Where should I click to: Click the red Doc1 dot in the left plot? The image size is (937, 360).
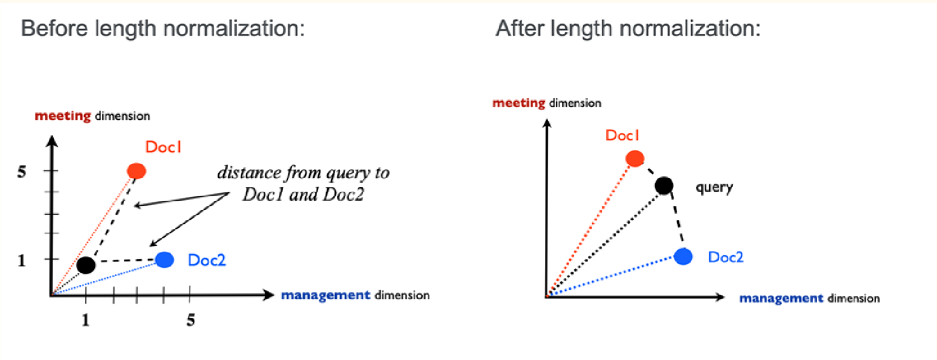137,171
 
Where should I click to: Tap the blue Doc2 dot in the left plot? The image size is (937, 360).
164,259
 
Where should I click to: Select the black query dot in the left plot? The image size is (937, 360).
86,264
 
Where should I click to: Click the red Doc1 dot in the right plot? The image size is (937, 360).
635,158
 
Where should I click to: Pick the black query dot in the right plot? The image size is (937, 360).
664,185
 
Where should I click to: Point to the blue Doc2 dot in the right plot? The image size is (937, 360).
683,257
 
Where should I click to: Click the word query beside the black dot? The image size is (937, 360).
714,187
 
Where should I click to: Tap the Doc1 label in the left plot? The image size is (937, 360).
163,147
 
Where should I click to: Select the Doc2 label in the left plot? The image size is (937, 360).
207,260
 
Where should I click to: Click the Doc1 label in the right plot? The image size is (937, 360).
622,135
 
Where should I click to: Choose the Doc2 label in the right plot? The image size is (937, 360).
726,257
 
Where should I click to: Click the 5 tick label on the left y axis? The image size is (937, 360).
21,172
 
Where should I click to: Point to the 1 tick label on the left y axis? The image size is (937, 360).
21,261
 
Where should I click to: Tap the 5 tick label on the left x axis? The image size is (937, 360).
191,320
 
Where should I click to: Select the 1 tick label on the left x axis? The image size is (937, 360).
85,320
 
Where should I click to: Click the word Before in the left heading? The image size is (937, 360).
55,28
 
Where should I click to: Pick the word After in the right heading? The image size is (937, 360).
520,28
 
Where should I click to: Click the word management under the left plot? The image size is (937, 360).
326,295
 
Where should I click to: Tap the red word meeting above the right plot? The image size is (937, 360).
518,103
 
